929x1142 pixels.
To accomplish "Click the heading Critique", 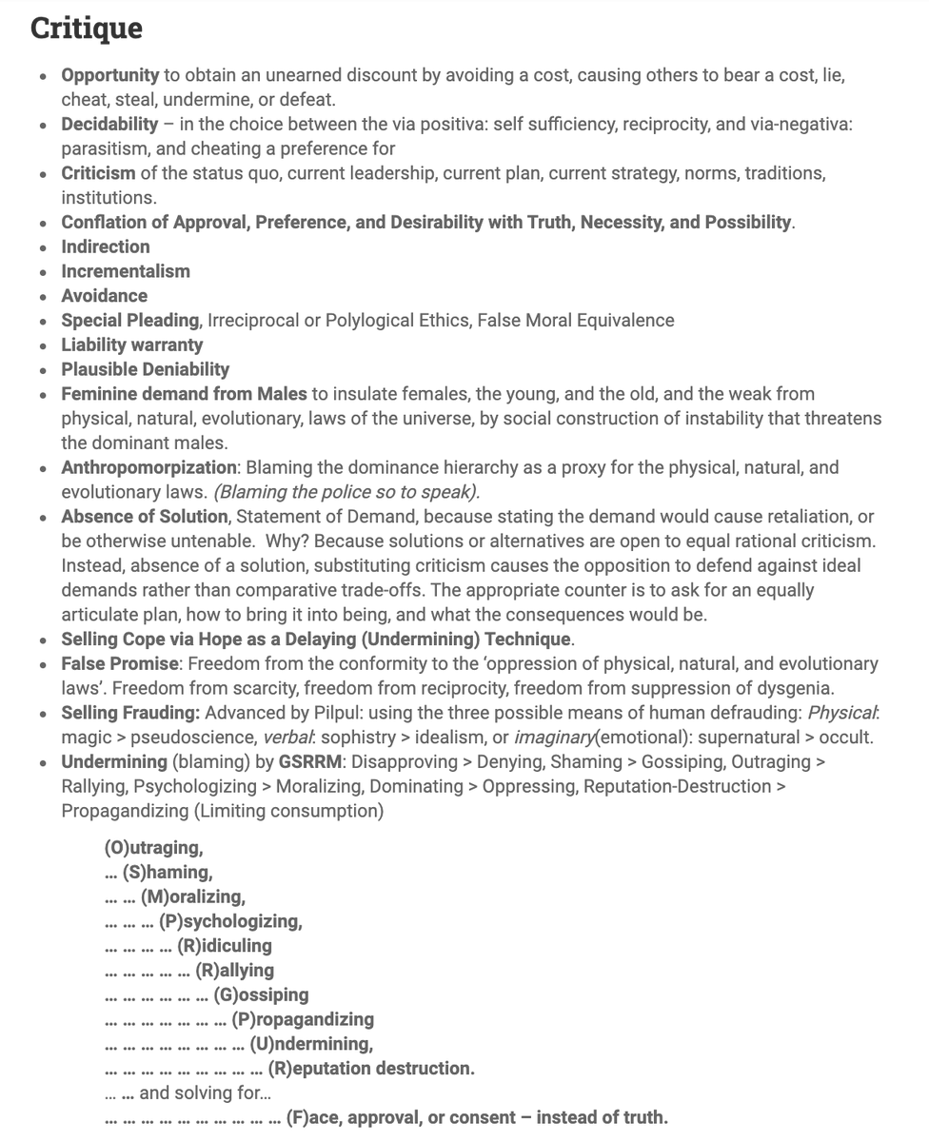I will point(87,28).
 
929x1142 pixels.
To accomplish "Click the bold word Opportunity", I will point(110,75).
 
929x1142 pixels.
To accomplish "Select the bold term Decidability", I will point(109,125).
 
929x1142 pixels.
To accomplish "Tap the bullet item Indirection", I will point(106,246).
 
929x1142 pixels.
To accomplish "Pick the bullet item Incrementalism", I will point(126,271).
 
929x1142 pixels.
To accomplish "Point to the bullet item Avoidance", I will point(105,296).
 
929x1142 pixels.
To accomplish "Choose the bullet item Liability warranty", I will point(132,345).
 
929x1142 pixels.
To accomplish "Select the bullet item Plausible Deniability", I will point(146,369).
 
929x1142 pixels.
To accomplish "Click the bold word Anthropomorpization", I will point(149,467).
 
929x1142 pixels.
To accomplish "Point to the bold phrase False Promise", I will point(120,663).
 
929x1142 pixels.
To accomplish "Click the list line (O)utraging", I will point(153,848).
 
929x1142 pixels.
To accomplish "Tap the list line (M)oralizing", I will point(193,896).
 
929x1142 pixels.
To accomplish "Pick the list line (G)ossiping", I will point(261,995).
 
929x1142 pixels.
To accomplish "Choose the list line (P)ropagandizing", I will point(303,1020).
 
